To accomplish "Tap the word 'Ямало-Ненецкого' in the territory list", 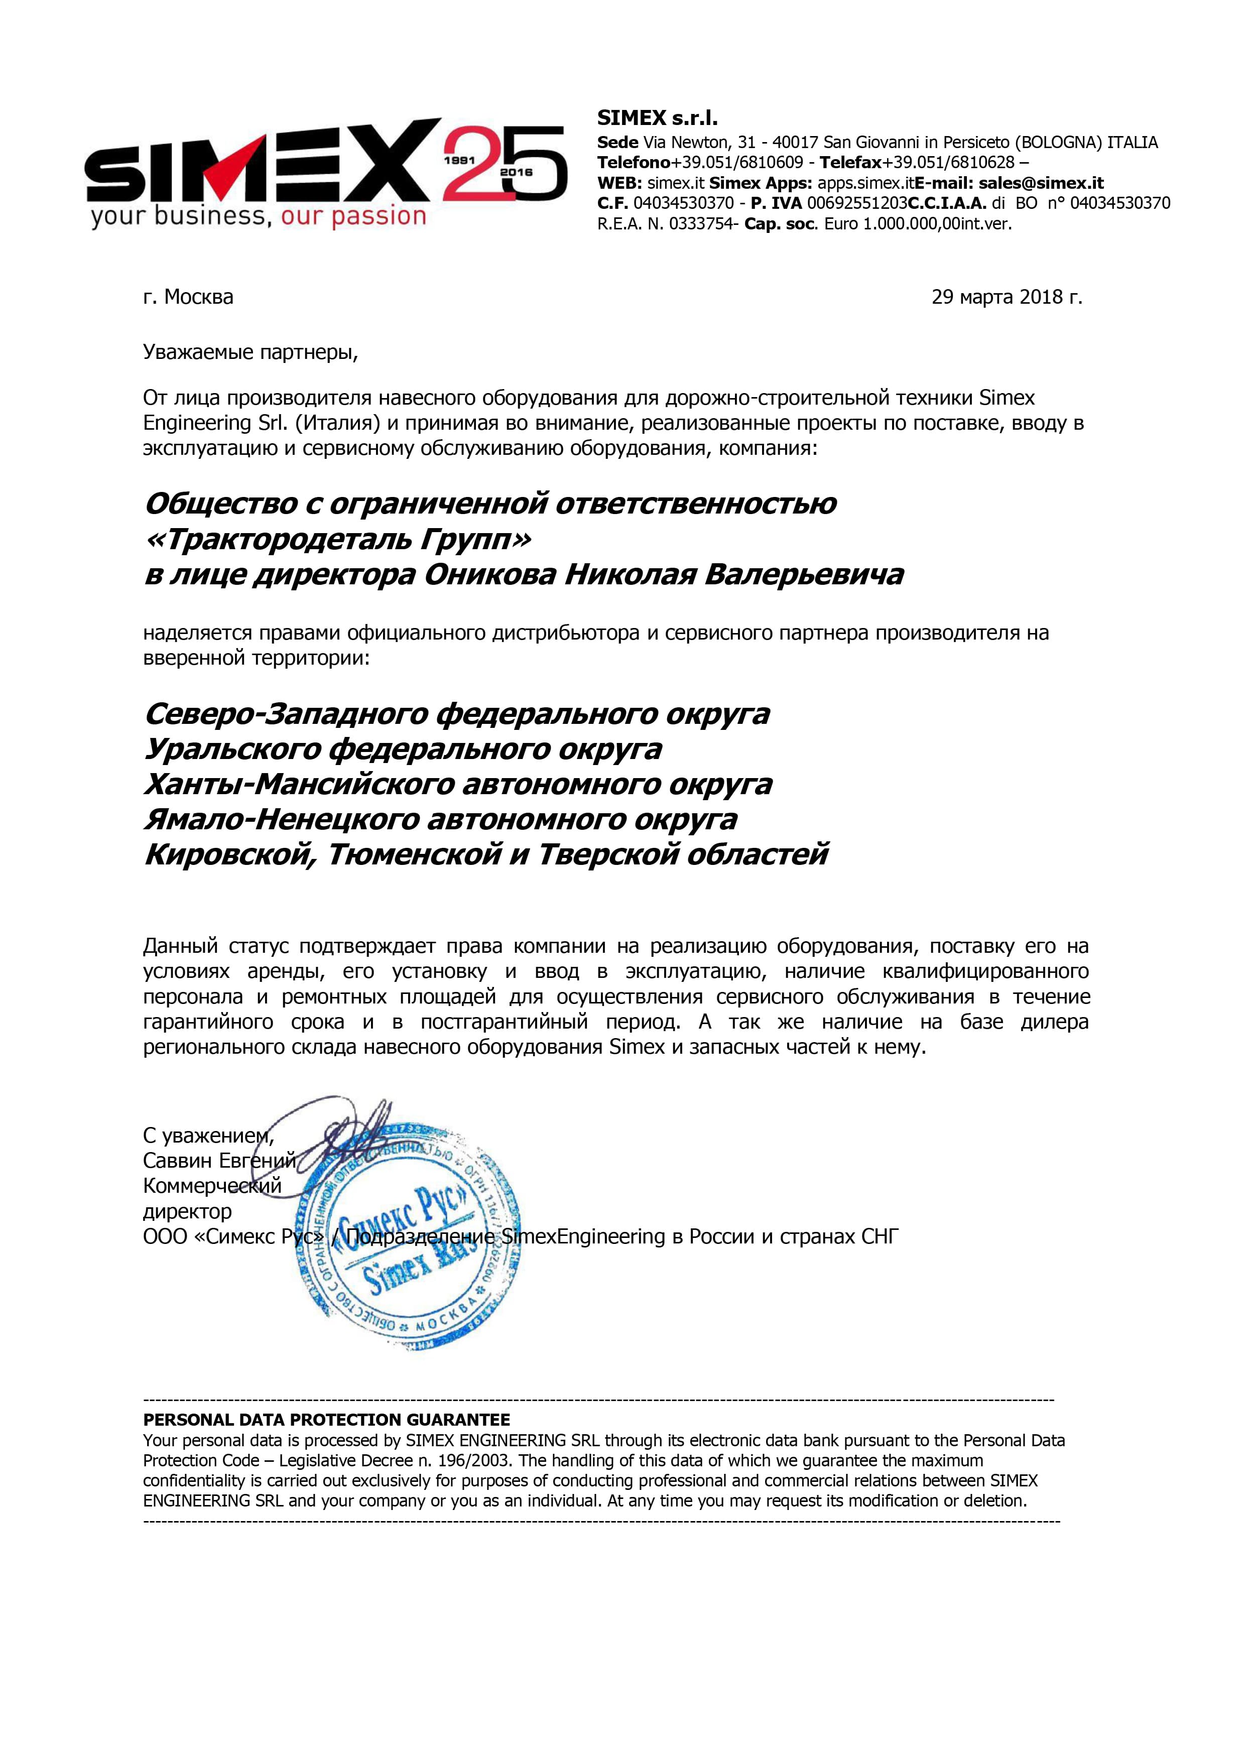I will pyautogui.click(x=282, y=819).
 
